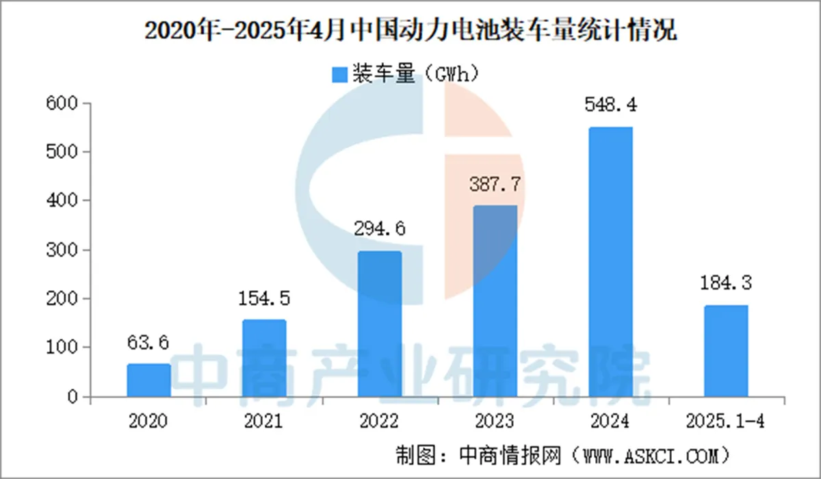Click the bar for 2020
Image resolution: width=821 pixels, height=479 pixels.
[148, 380]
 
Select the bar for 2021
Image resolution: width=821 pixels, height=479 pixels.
[264, 359]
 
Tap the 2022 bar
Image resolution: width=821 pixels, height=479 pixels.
[380, 324]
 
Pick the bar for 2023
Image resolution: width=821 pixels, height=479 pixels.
[495, 301]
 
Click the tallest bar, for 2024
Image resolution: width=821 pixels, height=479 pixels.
[611, 262]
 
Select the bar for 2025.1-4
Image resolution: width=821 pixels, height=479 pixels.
[727, 351]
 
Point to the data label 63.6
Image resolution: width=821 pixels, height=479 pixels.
[148, 341]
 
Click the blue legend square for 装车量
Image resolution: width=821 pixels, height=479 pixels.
[339, 75]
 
